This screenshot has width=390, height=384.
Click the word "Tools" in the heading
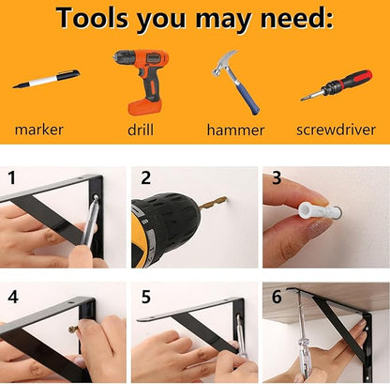click(92, 17)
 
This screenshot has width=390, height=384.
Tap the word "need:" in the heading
click(296, 17)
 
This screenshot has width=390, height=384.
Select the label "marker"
click(38, 130)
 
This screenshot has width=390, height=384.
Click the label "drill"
click(141, 130)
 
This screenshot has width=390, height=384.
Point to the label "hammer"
click(235, 130)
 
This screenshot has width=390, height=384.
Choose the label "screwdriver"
click(336, 130)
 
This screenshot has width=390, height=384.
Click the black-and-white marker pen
click(46, 79)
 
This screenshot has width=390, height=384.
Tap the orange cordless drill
click(142, 81)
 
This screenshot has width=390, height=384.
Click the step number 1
click(12, 177)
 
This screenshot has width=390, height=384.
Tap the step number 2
click(145, 177)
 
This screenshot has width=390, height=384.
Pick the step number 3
click(277, 177)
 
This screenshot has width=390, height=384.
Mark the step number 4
click(13, 296)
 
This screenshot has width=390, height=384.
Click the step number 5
click(146, 297)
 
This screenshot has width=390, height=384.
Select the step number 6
click(277, 297)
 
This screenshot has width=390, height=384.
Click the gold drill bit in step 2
click(214, 202)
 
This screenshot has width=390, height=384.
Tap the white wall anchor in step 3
click(319, 210)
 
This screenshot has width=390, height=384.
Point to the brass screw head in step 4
click(73, 329)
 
